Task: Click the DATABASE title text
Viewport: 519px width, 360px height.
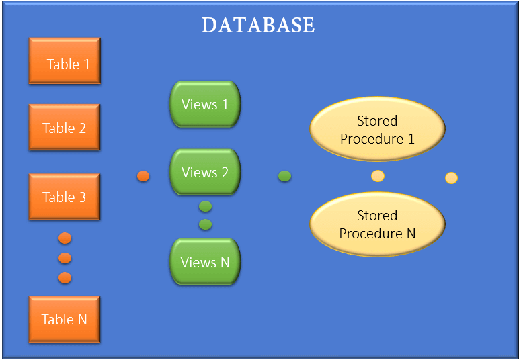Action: point(258,25)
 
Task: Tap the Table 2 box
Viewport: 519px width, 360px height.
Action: point(65,128)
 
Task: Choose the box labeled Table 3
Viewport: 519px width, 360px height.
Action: point(65,197)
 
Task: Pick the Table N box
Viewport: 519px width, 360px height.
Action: point(65,320)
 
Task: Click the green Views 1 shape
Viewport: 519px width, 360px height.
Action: point(205,105)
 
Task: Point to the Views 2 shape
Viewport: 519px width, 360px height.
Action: point(205,173)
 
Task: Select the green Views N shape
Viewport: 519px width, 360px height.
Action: point(205,262)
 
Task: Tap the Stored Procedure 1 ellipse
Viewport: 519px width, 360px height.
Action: point(377,130)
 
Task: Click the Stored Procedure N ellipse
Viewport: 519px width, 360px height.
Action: point(377,224)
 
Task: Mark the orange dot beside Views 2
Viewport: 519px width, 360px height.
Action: point(143,176)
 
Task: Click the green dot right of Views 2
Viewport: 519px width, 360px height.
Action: point(285,176)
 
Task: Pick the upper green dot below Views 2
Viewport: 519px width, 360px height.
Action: point(206,206)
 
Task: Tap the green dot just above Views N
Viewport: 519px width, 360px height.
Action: point(206,224)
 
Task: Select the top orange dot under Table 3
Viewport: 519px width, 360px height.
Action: point(65,238)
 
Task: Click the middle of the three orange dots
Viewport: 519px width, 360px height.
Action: point(65,258)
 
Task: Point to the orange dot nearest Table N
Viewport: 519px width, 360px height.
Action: point(65,277)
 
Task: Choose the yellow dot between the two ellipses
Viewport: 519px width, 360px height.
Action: point(378,176)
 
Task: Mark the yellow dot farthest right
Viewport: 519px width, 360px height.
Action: point(452,178)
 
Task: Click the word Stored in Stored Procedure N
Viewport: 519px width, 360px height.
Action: point(377,216)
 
